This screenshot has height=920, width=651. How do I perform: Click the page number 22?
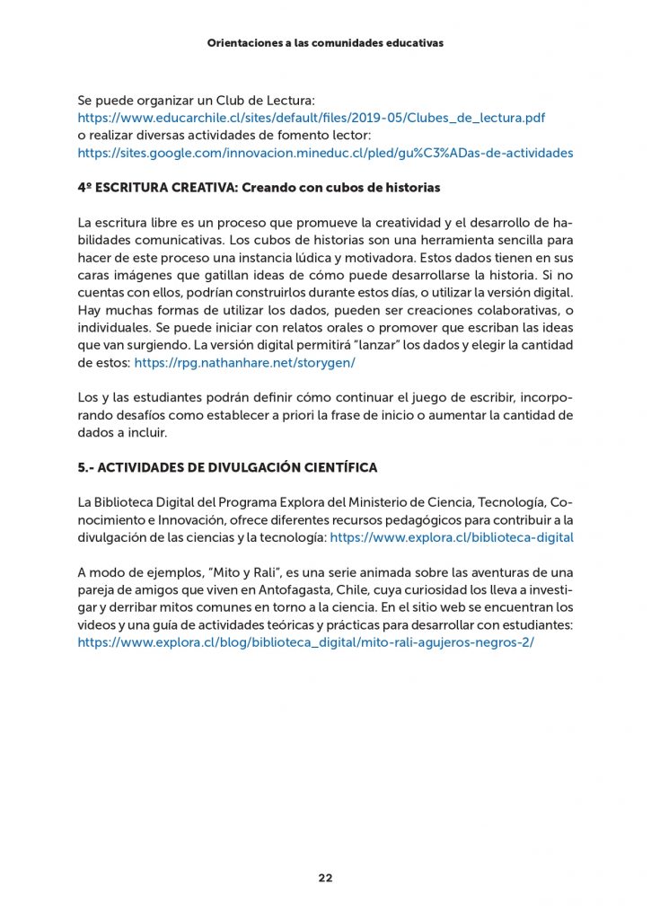point(325,878)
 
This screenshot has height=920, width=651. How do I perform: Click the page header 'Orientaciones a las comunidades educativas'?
point(325,42)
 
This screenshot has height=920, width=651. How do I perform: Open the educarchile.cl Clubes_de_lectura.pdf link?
point(311,118)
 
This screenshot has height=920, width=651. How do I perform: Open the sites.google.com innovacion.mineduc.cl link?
point(325,153)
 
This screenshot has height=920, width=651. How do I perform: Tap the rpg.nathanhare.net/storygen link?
point(245,363)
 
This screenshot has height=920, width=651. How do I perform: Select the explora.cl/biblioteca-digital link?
point(452,537)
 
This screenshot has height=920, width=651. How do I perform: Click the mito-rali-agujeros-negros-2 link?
point(305,642)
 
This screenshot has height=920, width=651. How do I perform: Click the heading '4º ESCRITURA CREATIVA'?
point(260,188)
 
